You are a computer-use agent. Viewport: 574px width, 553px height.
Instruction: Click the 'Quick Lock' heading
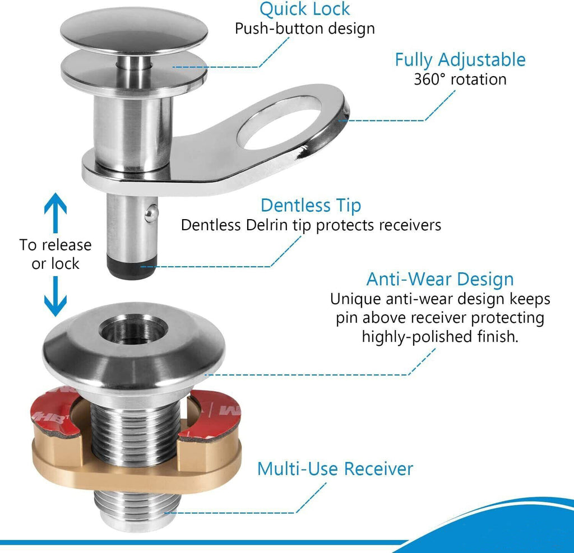[x=304, y=9]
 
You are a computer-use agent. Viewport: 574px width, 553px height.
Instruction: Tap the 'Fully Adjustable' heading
[x=460, y=59]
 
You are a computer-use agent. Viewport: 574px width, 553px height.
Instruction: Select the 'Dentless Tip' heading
[x=311, y=205]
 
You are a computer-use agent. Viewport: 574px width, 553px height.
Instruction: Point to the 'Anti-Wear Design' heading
[x=440, y=279]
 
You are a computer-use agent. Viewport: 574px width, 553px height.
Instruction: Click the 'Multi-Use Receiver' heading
[x=335, y=469]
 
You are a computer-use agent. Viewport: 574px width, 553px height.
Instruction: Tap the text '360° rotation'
[x=460, y=80]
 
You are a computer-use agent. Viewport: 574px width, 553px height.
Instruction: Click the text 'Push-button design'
[x=304, y=29]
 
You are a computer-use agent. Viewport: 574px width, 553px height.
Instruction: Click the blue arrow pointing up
[x=55, y=213]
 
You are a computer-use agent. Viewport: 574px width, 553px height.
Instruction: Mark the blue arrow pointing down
[x=55, y=296]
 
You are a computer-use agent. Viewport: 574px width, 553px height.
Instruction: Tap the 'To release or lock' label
[x=55, y=254]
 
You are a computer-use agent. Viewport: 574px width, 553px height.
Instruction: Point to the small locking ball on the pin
[x=151, y=213]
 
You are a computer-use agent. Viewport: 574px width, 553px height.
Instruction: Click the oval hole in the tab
[x=280, y=123]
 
